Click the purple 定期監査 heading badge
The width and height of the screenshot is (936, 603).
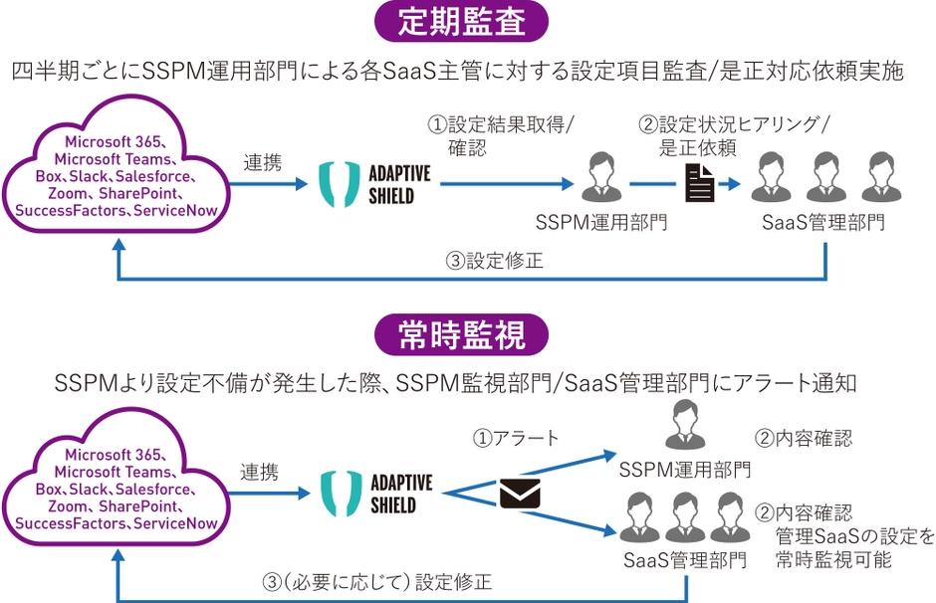click(461, 22)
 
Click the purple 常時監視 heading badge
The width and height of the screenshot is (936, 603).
click(461, 334)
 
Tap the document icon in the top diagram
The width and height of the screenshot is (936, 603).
click(700, 184)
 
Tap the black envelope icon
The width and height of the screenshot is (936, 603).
click(520, 494)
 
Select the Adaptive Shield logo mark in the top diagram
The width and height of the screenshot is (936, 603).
click(340, 184)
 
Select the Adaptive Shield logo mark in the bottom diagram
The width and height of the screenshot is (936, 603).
click(342, 494)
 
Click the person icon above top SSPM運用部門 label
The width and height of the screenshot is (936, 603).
click(601, 177)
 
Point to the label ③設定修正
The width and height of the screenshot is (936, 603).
click(494, 261)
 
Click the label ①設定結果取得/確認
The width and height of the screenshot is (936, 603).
click(501, 136)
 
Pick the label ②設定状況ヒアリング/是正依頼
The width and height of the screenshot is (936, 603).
click(734, 136)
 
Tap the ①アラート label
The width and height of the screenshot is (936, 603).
click(516, 439)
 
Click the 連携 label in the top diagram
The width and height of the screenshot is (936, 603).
click(263, 163)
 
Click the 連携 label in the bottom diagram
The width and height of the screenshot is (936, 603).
click(260, 473)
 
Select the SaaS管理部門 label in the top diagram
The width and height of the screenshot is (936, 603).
click(823, 223)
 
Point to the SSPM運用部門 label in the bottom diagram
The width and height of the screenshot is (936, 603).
click(685, 470)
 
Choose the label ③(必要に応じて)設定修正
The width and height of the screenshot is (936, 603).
click(377, 582)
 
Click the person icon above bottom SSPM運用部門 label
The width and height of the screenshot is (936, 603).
click(685, 424)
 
